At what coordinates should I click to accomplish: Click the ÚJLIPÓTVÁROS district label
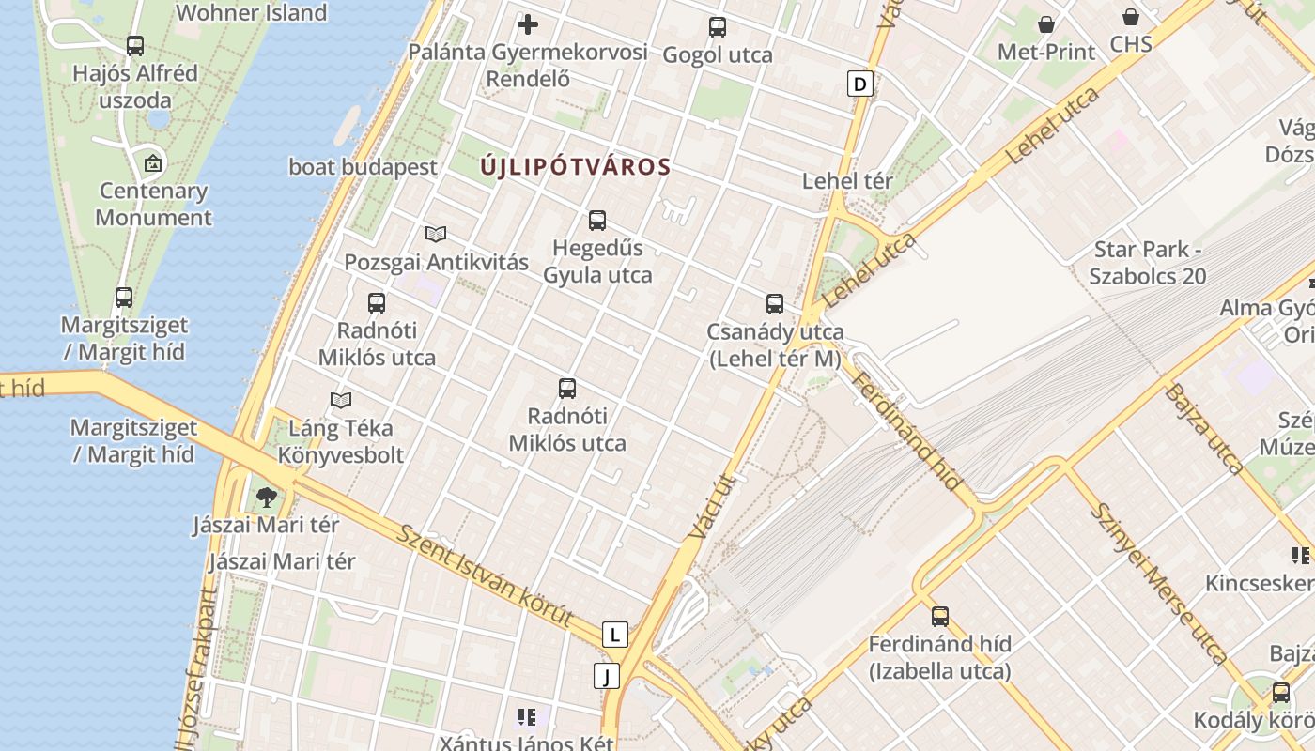point(575,167)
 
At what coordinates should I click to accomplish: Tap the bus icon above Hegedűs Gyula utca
point(596,221)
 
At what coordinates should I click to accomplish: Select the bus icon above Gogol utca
point(718,27)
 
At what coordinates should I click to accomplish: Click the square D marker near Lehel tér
point(859,84)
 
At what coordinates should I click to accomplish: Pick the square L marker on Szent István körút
point(614,635)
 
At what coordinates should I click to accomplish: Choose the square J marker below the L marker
point(607,676)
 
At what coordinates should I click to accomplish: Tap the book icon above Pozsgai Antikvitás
point(435,234)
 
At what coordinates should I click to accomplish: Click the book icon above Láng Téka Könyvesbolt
point(341,401)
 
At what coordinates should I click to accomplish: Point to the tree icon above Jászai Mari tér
point(267,497)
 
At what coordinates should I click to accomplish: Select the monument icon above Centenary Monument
point(153,163)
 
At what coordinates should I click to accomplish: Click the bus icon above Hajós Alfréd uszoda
point(135,45)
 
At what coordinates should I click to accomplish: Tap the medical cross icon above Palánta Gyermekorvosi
point(528,24)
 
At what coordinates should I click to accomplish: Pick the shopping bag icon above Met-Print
point(1046,24)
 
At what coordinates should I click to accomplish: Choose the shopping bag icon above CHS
point(1131,17)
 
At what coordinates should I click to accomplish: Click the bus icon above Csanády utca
point(774,303)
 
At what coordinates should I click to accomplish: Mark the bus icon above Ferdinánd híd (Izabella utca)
point(939,617)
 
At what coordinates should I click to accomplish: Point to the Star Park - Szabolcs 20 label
point(1148,263)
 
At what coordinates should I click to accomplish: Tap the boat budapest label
point(363,167)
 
